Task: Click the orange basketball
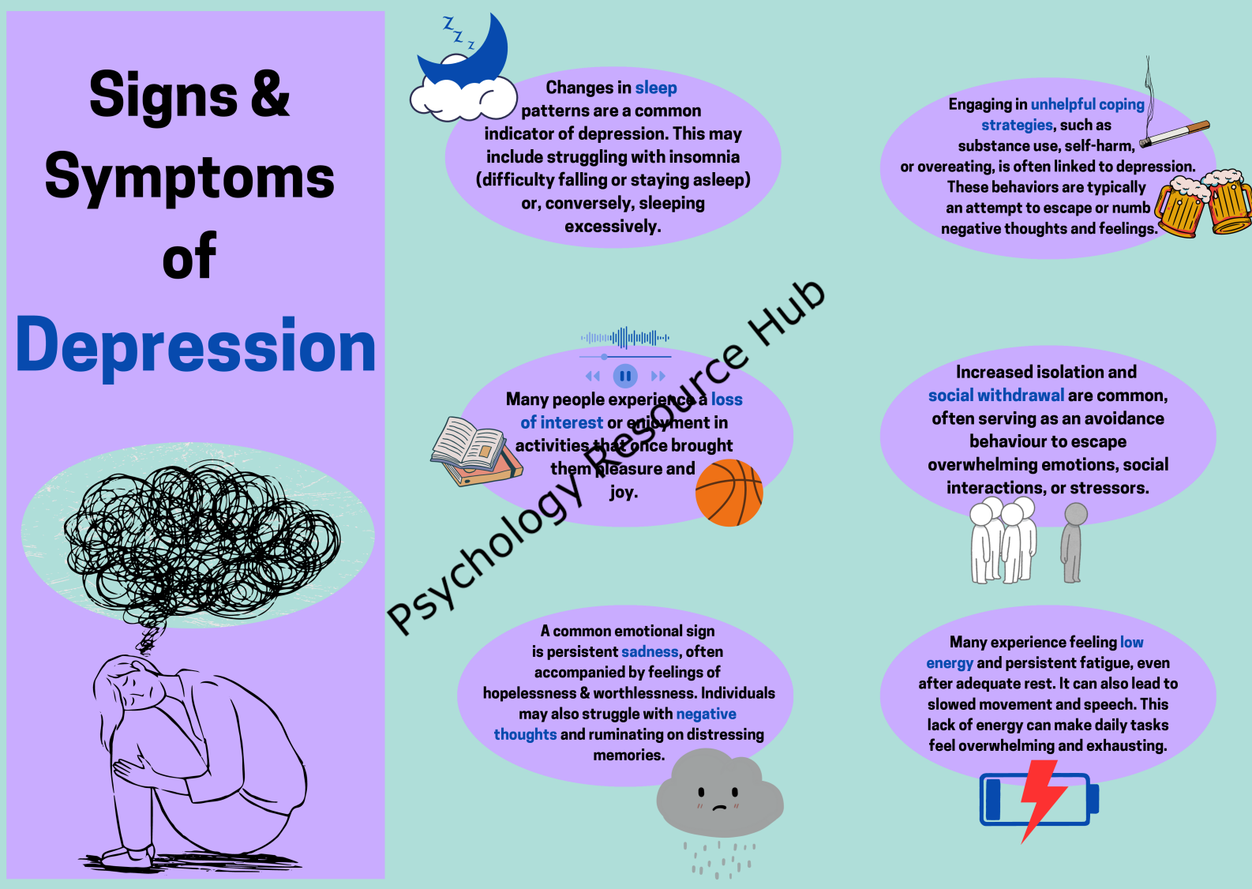[729, 493]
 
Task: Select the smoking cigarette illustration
[1171, 112]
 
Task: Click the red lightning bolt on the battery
[1042, 800]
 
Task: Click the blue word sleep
[656, 88]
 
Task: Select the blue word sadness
[650, 652]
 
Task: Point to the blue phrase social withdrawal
[996, 396]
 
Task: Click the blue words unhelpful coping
[1088, 104]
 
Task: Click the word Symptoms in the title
[189, 178]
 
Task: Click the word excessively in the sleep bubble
[613, 227]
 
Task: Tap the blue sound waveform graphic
[625, 338]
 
